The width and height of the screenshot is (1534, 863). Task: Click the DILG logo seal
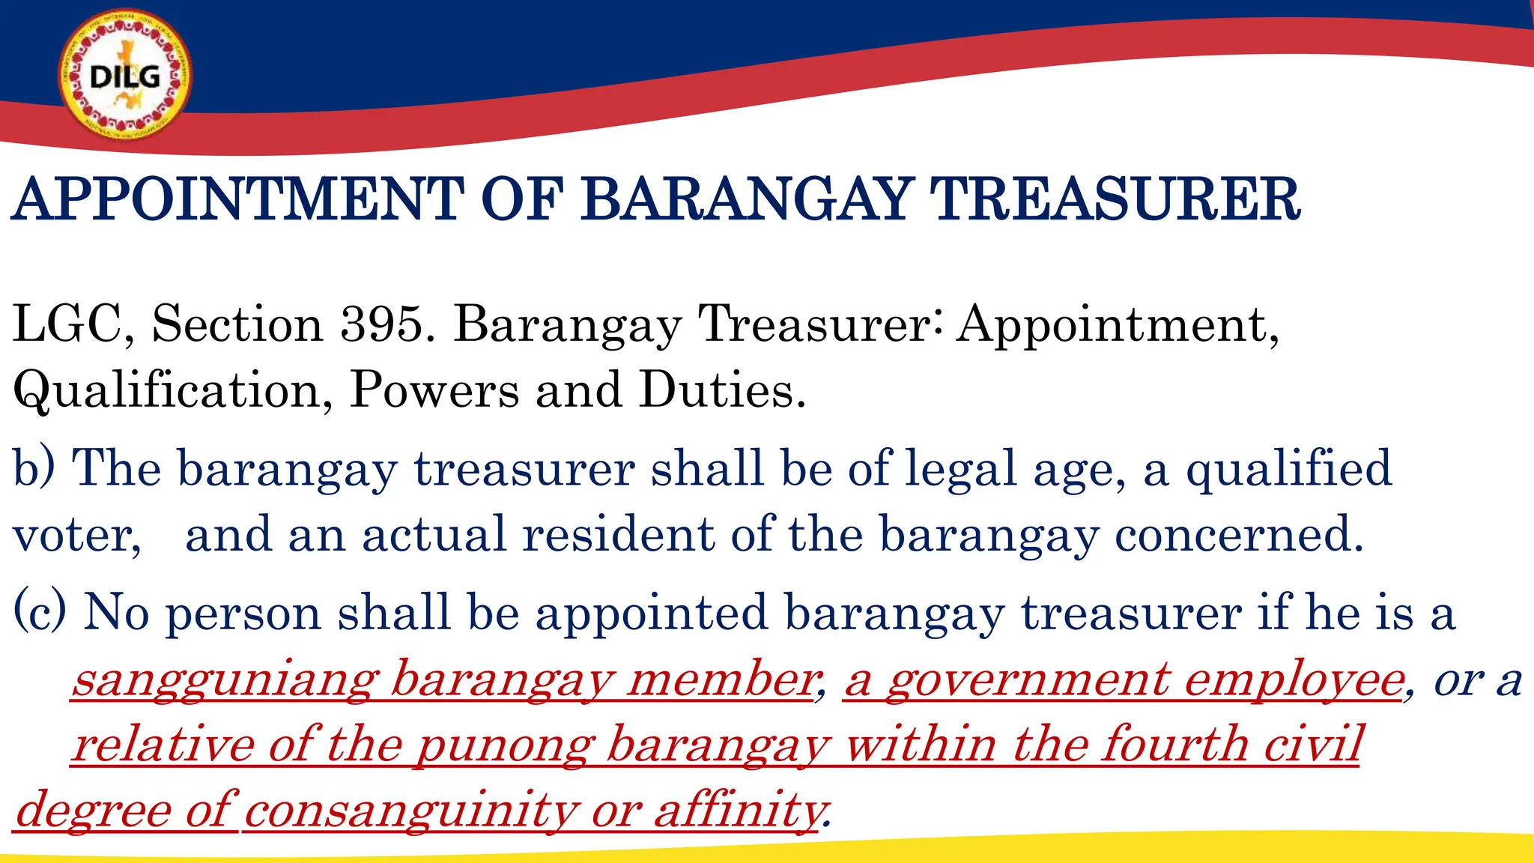pos(125,76)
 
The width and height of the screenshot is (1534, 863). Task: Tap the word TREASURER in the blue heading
pos(1114,200)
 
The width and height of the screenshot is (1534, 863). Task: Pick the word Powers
pos(434,390)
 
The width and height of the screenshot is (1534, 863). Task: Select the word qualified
pos(1288,469)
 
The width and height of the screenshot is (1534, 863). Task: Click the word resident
pos(618,534)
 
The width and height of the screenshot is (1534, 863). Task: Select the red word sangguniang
pos(224,680)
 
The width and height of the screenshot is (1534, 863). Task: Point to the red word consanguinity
pos(410,811)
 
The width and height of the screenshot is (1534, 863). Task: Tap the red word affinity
pos(739,811)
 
